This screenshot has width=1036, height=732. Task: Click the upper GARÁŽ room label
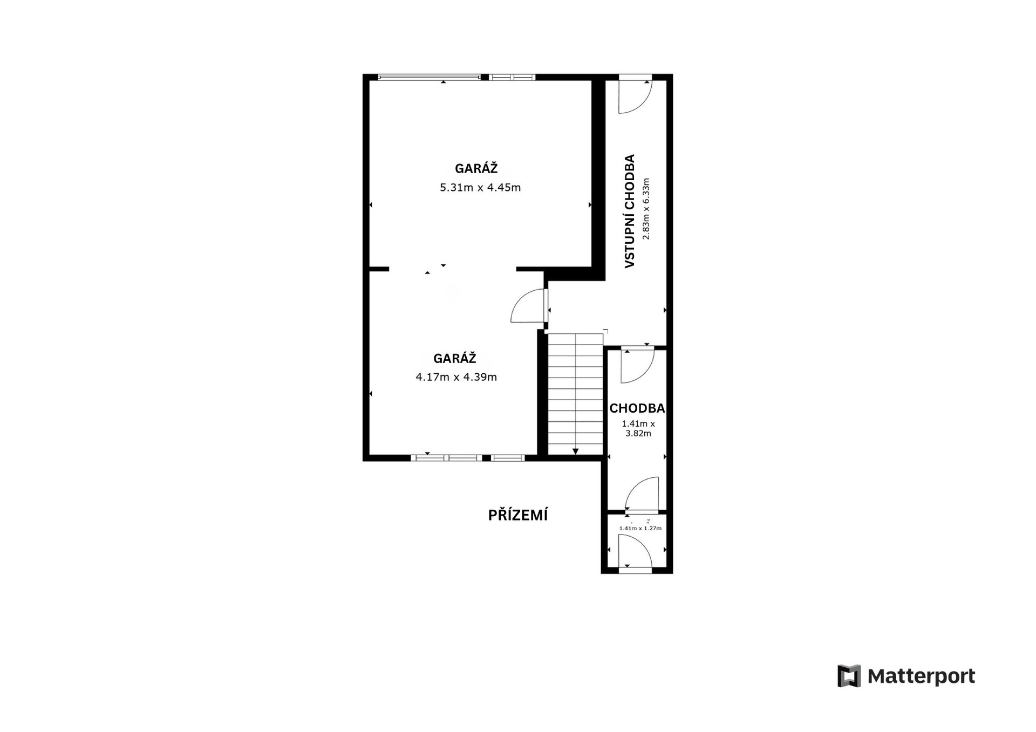pos(476,168)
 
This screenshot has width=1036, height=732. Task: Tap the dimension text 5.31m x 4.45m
pos(480,188)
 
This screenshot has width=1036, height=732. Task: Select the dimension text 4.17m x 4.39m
pos(456,377)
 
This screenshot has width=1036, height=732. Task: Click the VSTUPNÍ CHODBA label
pos(629,211)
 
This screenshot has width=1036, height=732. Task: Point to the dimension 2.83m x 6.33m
pos(646,209)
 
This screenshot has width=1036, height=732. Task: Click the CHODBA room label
pos(637,408)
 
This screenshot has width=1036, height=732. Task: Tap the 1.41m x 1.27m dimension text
pos(640,528)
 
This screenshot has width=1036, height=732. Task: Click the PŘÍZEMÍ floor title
pos(518,515)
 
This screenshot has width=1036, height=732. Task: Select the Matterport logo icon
pos(849,676)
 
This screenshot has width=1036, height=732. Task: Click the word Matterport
pos(921,676)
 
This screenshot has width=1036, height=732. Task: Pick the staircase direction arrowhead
pos(576,451)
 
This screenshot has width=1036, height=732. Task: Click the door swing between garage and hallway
pos(527,306)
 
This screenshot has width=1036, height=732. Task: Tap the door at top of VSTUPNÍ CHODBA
pos(635,94)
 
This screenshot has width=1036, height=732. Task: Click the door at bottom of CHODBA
pos(642,494)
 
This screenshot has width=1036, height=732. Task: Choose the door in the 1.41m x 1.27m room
pos(635,551)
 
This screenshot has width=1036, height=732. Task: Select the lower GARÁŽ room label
pos(455,358)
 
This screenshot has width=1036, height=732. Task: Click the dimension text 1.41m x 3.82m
pos(638,428)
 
